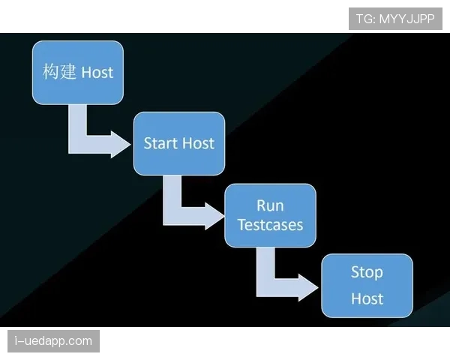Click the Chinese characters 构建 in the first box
coord(59,71)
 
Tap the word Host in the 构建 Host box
coord(97,72)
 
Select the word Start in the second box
coord(160,143)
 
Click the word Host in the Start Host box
coord(198,143)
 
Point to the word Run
coord(270,205)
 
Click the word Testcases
coord(270,225)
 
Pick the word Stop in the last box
coord(367,272)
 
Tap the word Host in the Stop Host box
coord(367,298)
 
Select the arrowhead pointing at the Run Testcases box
coord(214,216)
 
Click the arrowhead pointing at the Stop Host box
coord(308,287)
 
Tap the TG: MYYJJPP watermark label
coord(395,19)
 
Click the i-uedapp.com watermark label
coord(54,341)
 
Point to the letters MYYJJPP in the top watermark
coord(407,19)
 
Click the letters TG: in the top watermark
coord(366,19)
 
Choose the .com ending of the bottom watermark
coord(79,341)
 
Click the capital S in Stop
coord(355,271)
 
